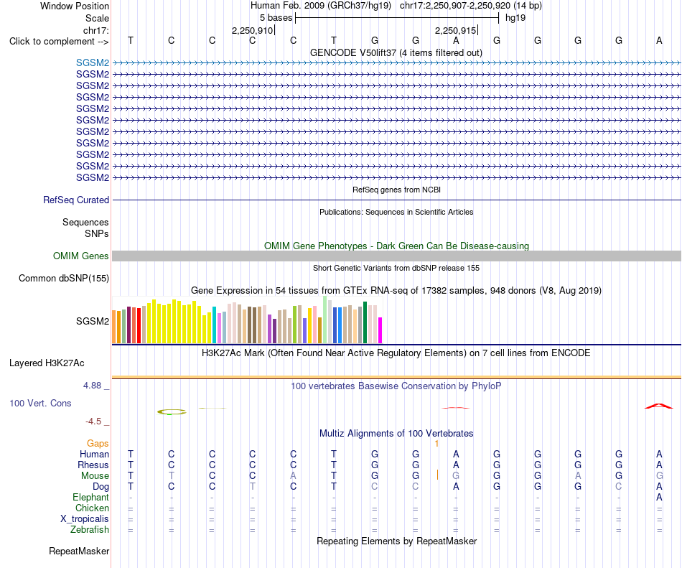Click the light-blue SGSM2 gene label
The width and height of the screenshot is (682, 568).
tap(93, 62)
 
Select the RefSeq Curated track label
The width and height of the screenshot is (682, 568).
tap(76, 200)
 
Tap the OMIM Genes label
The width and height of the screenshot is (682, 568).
tap(81, 256)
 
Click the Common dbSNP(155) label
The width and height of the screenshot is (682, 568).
tap(64, 279)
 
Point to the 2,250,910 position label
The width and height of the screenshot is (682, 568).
tap(252, 30)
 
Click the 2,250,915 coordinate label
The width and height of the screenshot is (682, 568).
tap(455, 30)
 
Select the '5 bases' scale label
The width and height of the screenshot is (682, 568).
tap(276, 18)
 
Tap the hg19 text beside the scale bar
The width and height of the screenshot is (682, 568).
tap(515, 18)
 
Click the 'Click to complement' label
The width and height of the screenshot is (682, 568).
tap(59, 42)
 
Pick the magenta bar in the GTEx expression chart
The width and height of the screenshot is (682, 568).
tap(380, 330)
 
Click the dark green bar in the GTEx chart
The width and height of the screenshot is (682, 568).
tap(365, 322)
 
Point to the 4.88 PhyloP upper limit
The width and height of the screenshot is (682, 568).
tap(92, 386)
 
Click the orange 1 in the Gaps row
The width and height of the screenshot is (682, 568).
tap(436, 443)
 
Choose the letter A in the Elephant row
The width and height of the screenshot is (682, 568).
tap(659, 497)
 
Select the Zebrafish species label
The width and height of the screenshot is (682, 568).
tap(90, 530)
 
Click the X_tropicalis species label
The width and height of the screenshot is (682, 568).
tap(85, 519)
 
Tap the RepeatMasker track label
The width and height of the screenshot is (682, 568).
tap(79, 551)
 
